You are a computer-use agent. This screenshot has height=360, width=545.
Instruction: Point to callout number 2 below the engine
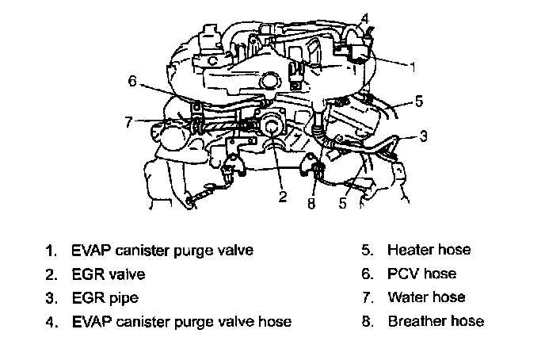coord(282,197)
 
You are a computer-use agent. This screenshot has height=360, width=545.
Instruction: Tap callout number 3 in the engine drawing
coord(423,136)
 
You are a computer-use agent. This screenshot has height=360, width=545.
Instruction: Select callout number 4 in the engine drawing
coord(364,17)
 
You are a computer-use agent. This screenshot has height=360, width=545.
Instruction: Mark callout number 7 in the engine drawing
coord(129,121)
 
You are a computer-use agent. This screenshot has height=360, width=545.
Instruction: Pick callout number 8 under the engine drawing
coord(312,204)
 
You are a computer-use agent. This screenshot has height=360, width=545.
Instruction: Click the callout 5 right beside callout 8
coord(342,204)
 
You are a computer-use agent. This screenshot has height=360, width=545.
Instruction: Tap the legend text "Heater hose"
coord(429,250)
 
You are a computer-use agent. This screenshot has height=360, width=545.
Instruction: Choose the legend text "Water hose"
coord(426,297)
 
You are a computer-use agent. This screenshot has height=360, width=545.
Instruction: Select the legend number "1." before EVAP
coord(51,251)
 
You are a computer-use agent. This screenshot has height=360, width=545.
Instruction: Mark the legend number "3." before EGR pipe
coord(51,298)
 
